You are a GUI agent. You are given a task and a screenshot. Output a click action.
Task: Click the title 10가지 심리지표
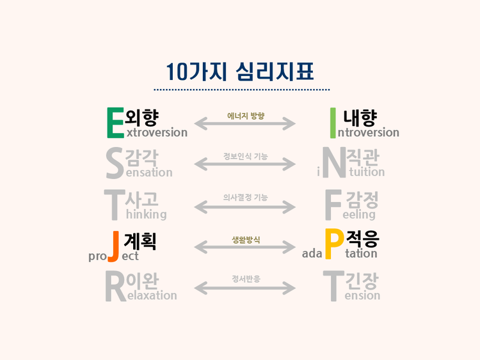click(x=240, y=70)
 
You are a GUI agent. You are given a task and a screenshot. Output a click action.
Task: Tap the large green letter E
click(x=115, y=122)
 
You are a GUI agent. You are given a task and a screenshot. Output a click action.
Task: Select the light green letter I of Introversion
click(x=332, y=122)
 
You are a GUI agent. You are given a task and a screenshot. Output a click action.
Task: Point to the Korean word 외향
click(x=142, y=116)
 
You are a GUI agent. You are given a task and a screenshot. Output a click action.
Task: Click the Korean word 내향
click(x=360, y=116)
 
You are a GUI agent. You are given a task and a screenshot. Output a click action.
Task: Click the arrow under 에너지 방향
click(x=245, y=123)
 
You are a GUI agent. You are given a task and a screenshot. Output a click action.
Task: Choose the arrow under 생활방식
click(x=245, y=247)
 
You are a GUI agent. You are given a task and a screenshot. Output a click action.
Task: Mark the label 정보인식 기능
click(x=246, y=156)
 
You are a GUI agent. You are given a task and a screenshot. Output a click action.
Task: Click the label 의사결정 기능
click(x=245, y=198)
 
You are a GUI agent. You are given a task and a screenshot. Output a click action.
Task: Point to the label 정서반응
click(x=246, y=279)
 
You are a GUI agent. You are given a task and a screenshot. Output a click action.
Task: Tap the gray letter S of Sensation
click(x=115, y=164)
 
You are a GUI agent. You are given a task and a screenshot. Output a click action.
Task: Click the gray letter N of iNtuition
click(x=333, y=164)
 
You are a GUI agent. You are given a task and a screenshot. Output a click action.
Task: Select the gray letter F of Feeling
click(x=333, y=205)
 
